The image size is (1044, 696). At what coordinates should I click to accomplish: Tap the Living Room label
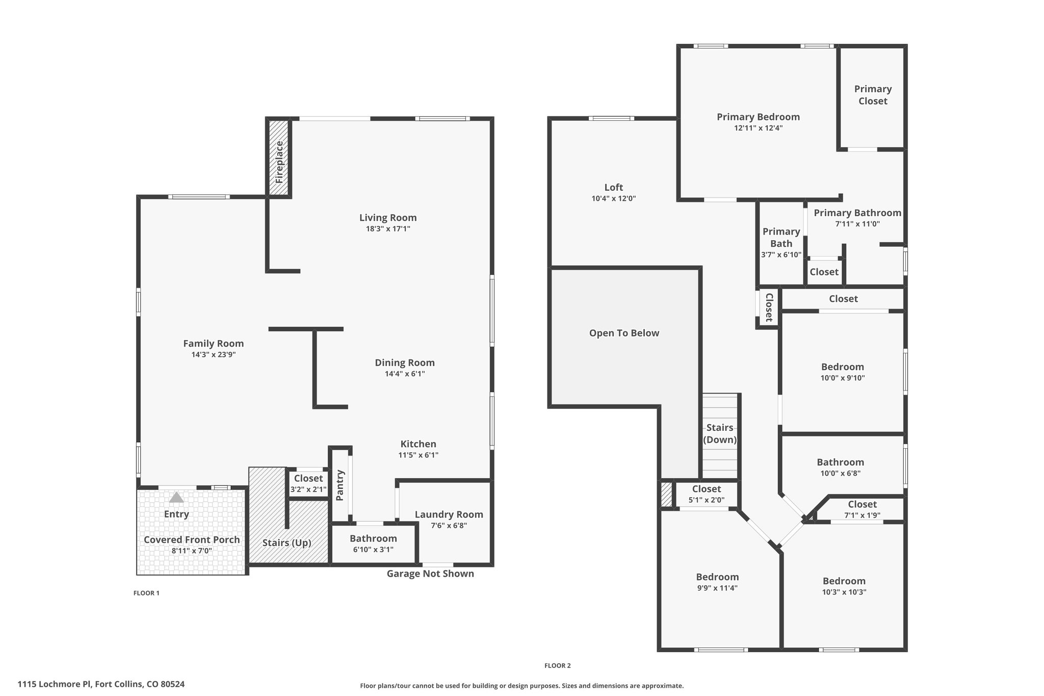(388, 218)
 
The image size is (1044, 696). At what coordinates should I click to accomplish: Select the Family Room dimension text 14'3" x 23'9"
(214, 355)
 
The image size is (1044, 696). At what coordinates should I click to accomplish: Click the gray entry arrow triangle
(176, 497)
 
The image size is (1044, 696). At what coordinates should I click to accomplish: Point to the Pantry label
(341, 485)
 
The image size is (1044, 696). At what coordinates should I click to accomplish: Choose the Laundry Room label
(449, 514)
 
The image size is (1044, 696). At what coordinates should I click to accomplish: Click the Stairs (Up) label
(287, 543)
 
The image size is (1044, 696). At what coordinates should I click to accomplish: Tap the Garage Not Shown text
(430, 574)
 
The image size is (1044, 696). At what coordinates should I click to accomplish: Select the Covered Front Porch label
(192, 539)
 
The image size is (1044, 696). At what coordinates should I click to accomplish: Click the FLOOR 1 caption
(146, 593)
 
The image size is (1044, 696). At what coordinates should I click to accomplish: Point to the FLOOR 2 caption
(558, 665)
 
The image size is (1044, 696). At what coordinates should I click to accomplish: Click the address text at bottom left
(101, 684)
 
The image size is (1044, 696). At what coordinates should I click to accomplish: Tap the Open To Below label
(624, 333)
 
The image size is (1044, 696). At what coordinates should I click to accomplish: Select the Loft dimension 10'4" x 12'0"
(614, 199)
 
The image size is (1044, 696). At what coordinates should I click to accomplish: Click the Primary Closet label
(873, 95)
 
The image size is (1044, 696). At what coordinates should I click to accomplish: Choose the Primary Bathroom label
(857, 213)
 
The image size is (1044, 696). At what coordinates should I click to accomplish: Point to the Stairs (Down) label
(720, 433)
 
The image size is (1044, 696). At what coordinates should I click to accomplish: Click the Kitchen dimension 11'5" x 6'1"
(419, 455)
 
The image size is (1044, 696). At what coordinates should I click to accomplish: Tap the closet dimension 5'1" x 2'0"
(707, 500)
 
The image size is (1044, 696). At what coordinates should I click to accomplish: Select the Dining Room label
(405, 363)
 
